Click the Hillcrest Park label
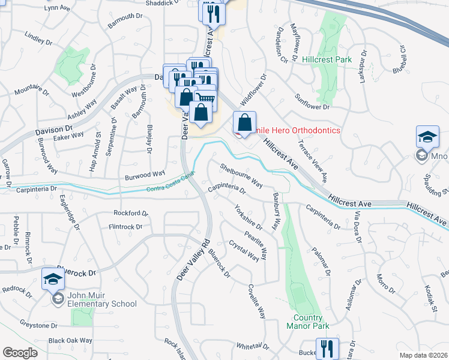pos(327,60)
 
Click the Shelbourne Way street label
pos(241,175)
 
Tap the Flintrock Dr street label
pos(125,227)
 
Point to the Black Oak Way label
pos(70,341)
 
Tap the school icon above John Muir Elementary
pos(53,278)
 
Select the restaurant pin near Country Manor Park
pos(327,348)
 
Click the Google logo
pos(20,353)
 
